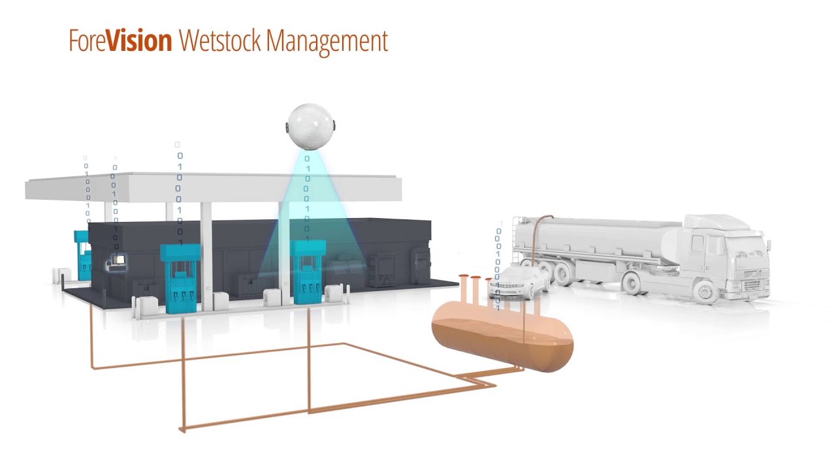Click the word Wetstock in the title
(220, 40)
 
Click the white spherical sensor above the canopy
(310, 127)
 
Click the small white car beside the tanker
(519, 282)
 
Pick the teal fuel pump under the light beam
(308, 272)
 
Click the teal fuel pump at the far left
(83, 255)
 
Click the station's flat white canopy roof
(214, 187)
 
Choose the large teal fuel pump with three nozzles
(180, 278)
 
